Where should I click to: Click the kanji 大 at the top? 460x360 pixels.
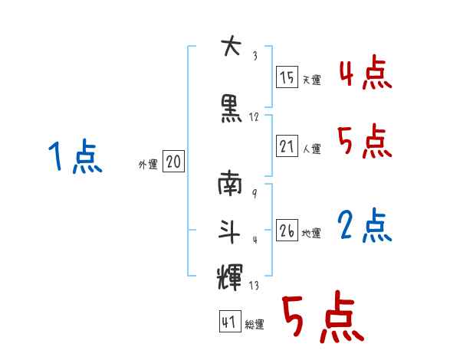point(230,47)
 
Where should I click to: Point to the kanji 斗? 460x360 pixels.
point(230,230)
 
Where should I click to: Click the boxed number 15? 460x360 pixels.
point(287,77)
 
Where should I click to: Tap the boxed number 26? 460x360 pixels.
point(287,231)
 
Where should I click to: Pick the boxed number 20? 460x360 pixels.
point(173,162)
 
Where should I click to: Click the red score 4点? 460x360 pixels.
point(365,75)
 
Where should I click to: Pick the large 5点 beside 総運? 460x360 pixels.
point(322,318)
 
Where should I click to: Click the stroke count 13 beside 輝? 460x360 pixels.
point(254,286)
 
